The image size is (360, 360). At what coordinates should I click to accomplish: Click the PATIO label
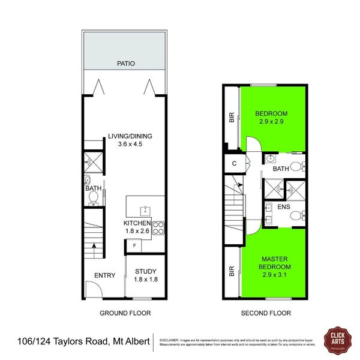point(126,62)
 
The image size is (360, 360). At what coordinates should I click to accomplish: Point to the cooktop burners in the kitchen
point(158,228)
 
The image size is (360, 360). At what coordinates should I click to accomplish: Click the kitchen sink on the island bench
point(145,210)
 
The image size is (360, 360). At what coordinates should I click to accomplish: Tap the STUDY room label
point(145,271)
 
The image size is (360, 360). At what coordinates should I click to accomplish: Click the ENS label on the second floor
point(284,207)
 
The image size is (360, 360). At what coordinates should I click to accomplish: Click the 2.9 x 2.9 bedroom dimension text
point(271,122)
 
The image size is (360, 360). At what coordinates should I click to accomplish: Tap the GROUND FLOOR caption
point(125,313)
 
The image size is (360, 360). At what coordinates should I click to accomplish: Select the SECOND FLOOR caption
point(266,313)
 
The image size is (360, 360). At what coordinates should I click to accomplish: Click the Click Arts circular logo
point(337,340)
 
